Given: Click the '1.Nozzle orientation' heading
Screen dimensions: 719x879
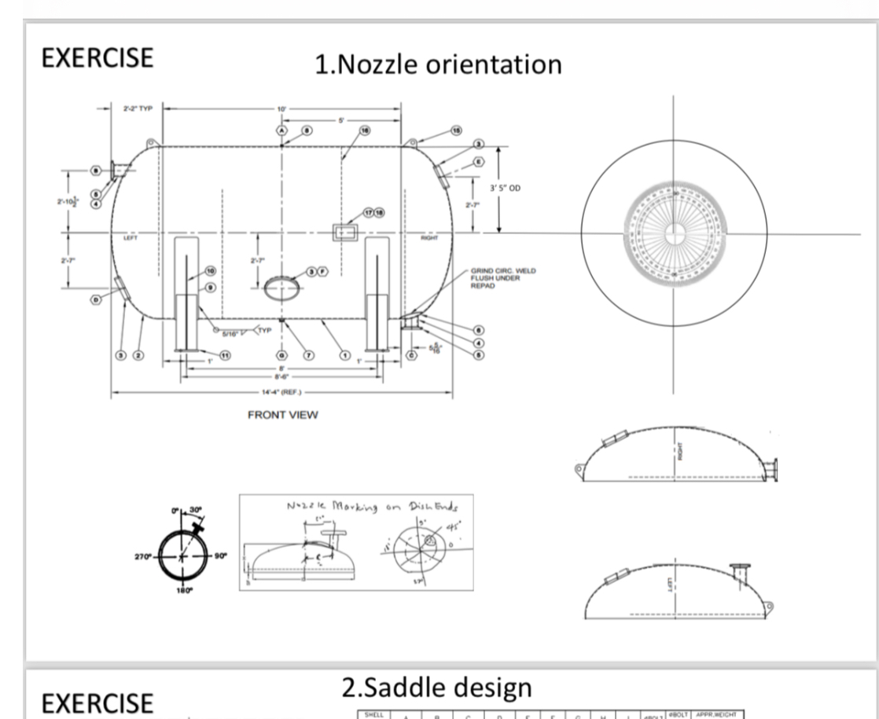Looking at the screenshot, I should [438, 63].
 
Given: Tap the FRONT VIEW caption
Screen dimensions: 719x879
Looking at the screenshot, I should [284, 415].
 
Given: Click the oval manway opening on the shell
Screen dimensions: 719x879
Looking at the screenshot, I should [280, 287].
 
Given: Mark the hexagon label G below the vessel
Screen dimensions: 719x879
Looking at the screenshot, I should [281, 355].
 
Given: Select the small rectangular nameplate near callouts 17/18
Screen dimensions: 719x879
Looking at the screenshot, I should [344, 232].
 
